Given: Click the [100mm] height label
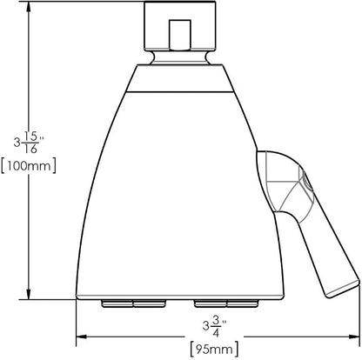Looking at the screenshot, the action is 29,166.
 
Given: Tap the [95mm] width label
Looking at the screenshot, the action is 214,350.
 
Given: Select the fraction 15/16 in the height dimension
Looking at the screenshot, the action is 30,143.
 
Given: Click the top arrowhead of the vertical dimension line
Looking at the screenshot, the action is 29,7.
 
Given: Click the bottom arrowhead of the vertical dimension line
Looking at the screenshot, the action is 29,294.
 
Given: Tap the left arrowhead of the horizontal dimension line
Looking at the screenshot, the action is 82,337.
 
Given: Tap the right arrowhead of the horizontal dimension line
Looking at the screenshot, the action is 354,337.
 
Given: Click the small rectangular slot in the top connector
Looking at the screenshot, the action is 180,35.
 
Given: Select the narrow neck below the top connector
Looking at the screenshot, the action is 180,57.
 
